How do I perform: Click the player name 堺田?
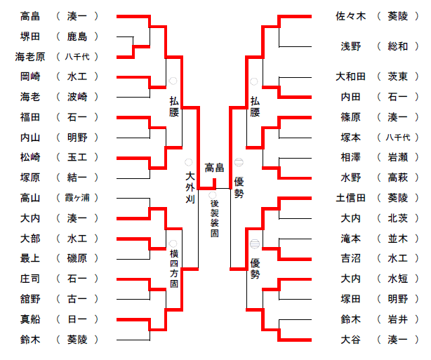(x=30, y=36)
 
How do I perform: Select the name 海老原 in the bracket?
(x=30, y=56)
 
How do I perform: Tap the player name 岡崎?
(x=30, y=76)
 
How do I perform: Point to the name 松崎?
(x=30, y=157)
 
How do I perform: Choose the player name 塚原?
(x=30, y=178)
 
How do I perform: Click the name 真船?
(x=30, y=319)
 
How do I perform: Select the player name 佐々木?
(x=350, y=15)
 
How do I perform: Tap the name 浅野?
(x=350, y=46)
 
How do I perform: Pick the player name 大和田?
(x=350, y=76)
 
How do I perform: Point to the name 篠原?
(x=350, y=117)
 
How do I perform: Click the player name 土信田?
(x=350, y=198)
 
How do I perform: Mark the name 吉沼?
(x=350, y=259)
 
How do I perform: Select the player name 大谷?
(x=350, y=340)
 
